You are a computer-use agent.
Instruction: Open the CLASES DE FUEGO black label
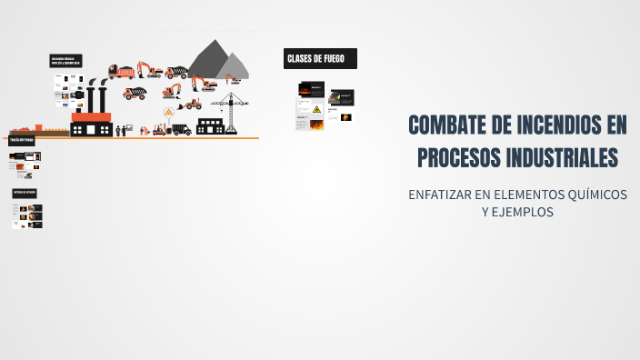coord(320,59)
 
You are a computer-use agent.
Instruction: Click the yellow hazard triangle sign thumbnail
coord(316,109)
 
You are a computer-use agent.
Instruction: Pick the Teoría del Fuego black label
coord(22,141)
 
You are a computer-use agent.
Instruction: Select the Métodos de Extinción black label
coord(25,193)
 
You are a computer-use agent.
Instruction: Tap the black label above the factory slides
coord(67,61)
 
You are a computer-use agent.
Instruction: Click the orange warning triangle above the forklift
coord(168,112)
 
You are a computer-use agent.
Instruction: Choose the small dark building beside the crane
coord(211,125)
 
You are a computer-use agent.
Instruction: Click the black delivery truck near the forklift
coord(183,128)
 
